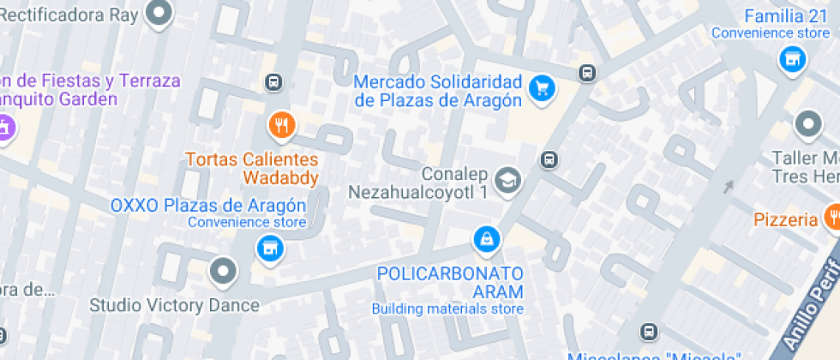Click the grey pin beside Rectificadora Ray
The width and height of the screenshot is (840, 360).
pos(159,13)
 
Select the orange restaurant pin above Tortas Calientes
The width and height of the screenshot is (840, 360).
pos(281,126)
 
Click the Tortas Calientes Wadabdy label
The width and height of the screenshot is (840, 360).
pos(252,169)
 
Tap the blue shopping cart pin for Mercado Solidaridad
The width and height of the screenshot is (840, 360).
pos(541,87)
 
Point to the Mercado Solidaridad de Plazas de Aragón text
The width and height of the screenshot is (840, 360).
pos(437,91)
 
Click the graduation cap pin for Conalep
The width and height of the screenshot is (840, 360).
pos(508,180)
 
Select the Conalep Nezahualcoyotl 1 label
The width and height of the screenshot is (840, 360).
pos(417,183)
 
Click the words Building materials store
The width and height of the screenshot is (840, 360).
pos(447,309)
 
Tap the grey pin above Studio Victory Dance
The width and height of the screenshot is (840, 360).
pos(224,272)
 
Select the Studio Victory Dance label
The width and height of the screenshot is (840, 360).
pos(175,305)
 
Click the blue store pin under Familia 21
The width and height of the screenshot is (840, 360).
pos(792,59)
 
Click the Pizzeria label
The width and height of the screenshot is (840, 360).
pos(785,219)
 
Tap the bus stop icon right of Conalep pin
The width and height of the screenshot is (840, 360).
pos(549,159)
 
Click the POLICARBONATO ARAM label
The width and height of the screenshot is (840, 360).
pos(451,282)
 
